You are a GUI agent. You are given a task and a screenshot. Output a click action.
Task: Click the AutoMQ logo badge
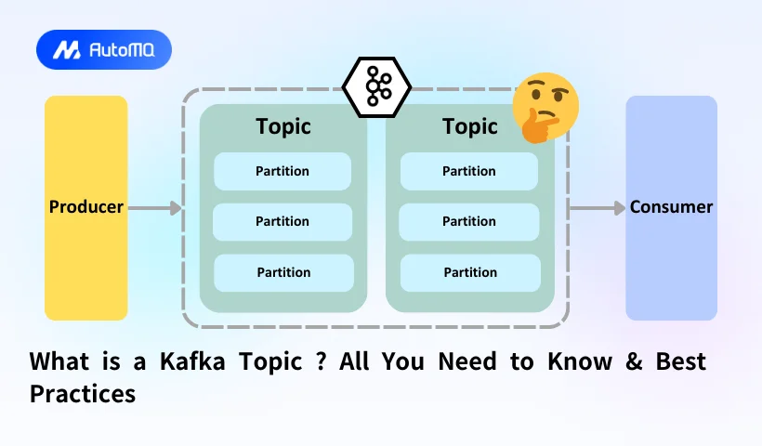(x=103, y=49)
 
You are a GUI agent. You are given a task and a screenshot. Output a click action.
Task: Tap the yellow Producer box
(x=85, y=207)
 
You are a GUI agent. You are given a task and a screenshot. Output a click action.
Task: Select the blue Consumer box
(x=671, y=207)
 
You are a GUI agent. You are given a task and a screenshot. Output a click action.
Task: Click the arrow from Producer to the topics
(x=154, y=208)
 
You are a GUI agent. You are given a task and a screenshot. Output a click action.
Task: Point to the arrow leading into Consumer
(x=597, y=208)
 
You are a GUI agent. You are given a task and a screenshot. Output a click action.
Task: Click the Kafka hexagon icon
(x=376, y=88)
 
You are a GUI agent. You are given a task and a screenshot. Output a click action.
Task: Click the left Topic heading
(x=283, y=126)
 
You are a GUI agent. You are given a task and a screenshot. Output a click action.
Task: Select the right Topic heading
(x=469, y=126)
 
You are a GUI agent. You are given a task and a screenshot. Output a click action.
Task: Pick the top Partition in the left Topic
(x=282, y=171)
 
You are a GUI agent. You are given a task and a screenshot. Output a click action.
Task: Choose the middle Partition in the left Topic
(x=282, y=222)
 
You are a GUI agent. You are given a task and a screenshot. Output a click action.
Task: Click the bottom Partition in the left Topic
(x=283, y=272)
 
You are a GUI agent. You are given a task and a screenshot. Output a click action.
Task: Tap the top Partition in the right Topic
(x=469, y=171)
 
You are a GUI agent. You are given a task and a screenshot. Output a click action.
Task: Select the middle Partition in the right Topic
(x=469, y=222)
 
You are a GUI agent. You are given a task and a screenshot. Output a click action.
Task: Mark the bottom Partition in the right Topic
(x=470, y=272)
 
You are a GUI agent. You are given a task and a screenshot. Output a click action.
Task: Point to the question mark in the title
(x=320, y=361)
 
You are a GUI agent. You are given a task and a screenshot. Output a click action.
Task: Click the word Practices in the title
(x=83, y=394)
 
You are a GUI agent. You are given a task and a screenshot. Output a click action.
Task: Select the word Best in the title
(x=683, y=361)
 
